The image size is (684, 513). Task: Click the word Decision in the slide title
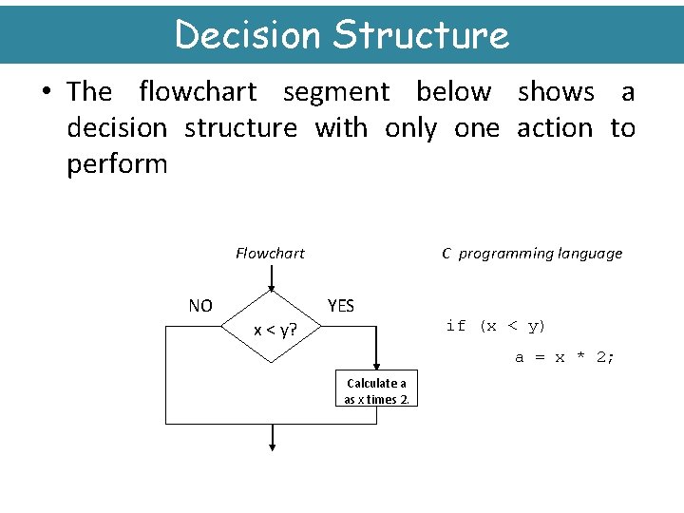(x=249, y=35)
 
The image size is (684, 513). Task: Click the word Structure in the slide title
(x=422, y=35)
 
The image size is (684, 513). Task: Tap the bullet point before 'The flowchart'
(x=45, y=92)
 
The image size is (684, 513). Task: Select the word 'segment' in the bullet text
(x=336, y=92)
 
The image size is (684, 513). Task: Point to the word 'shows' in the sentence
(x=556, y=92)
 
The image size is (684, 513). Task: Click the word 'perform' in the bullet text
(x=117, y=164)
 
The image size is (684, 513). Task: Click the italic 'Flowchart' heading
(x=270, y=253)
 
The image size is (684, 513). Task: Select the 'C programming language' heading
(x=532, y=253)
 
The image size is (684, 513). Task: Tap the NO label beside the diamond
(x=200, y=306)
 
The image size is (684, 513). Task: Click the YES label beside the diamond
(x=340, y=306)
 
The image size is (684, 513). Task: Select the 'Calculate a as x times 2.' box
(x=377, y=390)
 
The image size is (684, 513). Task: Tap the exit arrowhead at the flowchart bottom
(x=273, y=444)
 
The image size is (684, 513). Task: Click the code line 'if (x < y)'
(x=495, y=326)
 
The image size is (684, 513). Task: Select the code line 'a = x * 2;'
(x=564, y=357)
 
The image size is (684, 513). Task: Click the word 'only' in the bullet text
(x=410, y=128)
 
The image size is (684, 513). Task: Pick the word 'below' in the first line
(x=454, y=92)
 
